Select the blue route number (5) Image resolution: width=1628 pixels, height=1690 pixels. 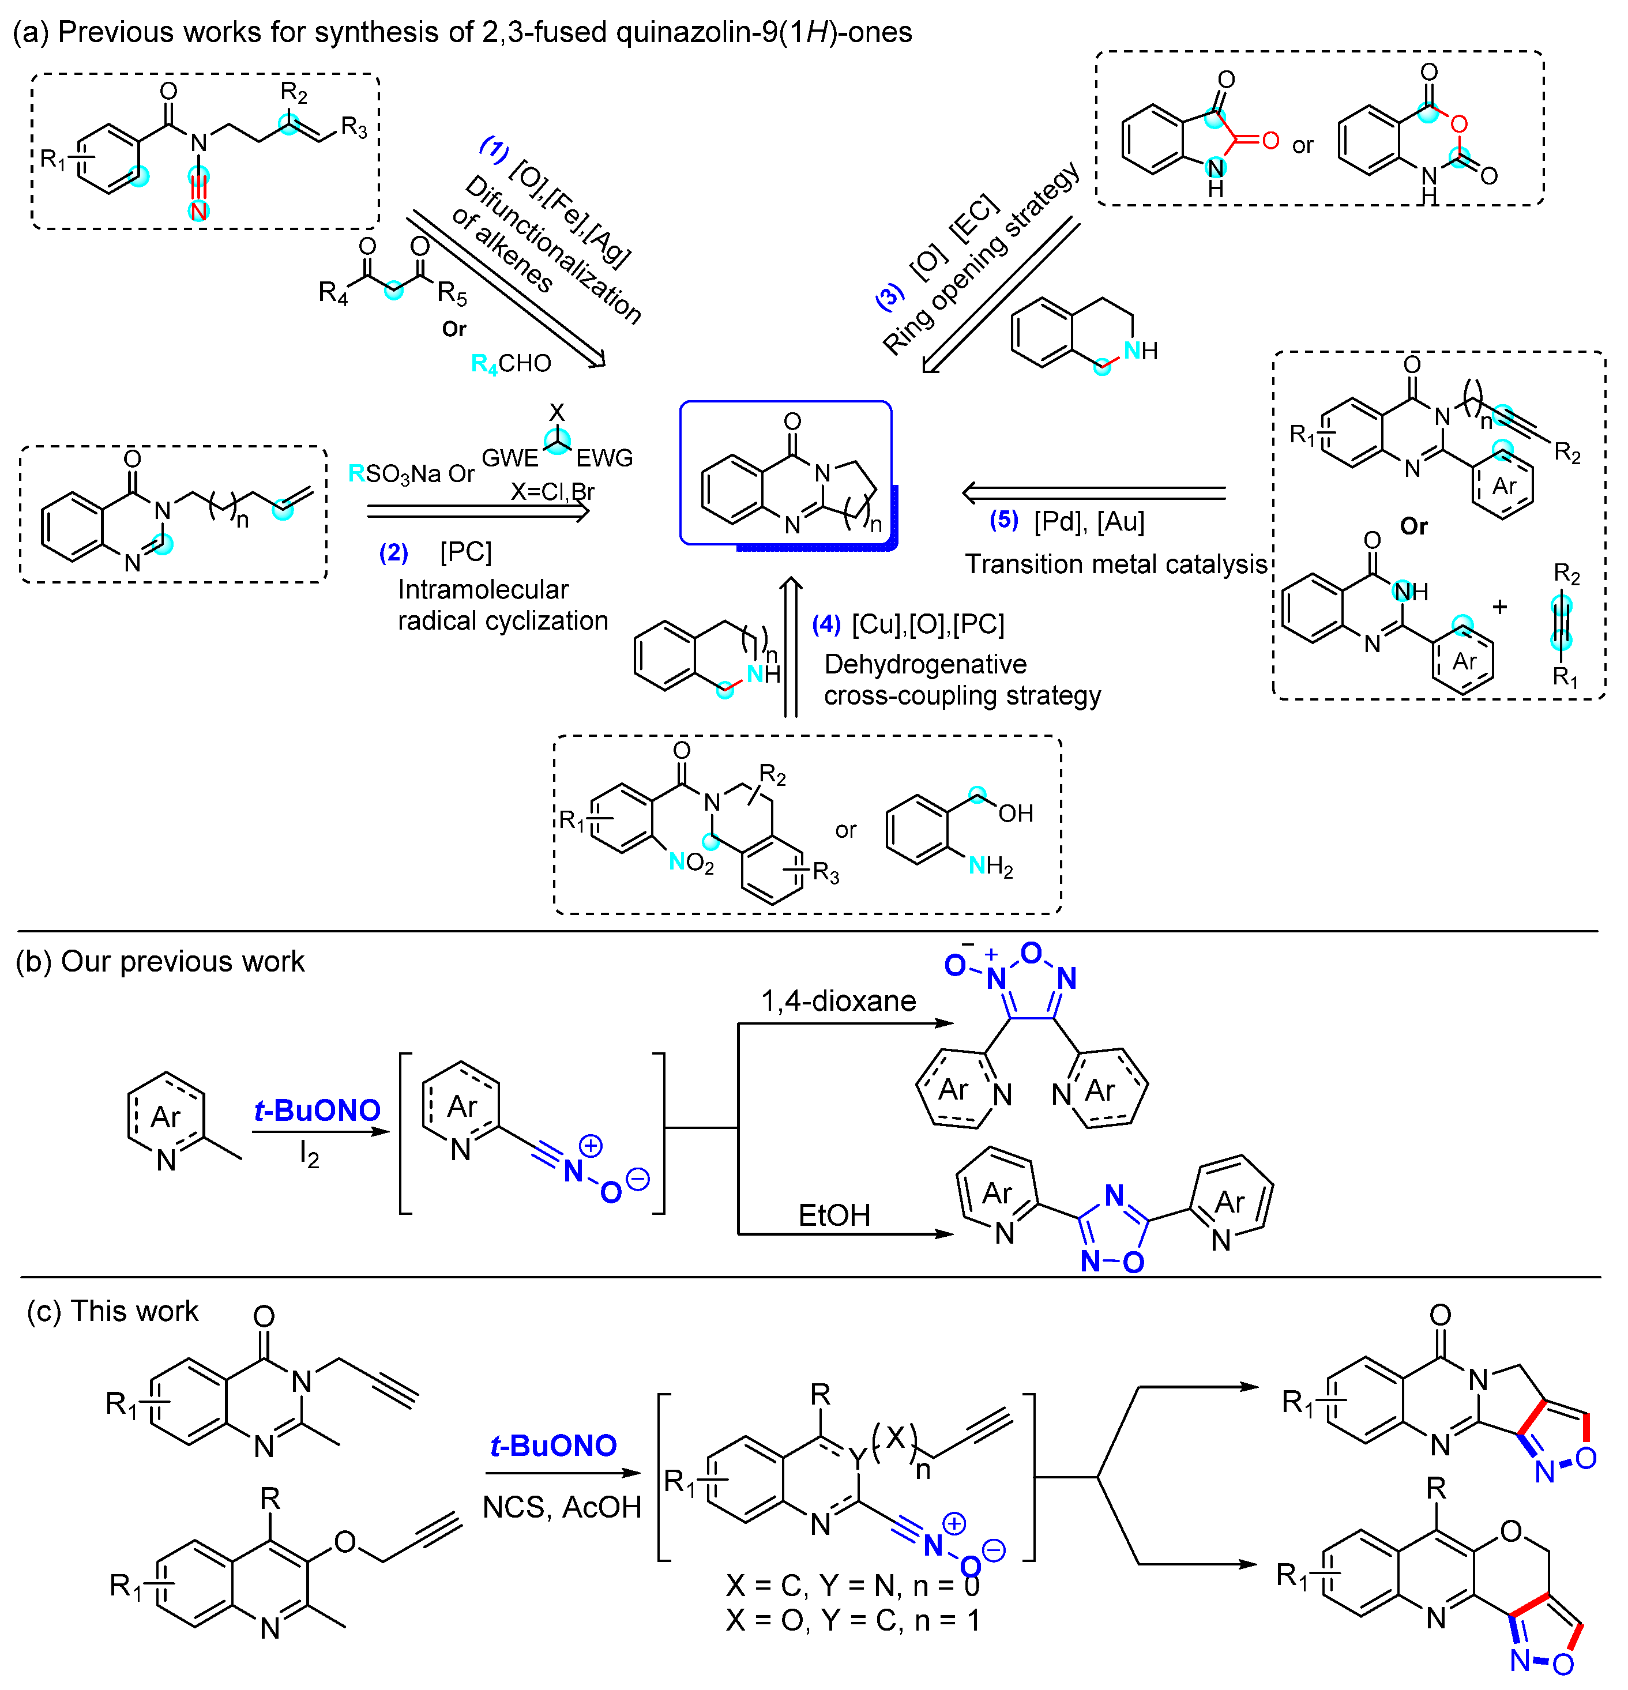click(1003, 520)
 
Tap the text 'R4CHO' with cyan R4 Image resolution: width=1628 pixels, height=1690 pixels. click(510, 364)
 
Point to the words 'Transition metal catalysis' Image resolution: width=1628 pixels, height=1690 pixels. click(1115, 564)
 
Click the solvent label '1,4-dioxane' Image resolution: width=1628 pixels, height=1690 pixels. click(837, 1000)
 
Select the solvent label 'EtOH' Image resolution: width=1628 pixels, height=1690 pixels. click(834, 1215)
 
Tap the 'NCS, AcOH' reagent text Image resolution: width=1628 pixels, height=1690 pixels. click(561, 1506)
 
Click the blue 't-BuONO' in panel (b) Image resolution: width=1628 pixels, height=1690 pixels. click(317, 1110)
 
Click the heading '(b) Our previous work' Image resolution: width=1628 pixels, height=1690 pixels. click(160, 961)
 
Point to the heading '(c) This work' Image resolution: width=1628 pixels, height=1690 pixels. click(113, 1311)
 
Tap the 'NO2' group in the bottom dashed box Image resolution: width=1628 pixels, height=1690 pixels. click(691, 861)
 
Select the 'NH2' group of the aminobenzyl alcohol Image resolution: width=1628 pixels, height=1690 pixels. click(990, 865)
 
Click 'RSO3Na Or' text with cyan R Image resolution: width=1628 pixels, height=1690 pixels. click(411, 473)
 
